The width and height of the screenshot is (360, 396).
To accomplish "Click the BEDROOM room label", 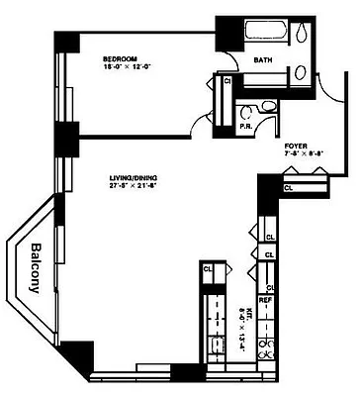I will click(120, 59).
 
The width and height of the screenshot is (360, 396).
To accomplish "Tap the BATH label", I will click(263, 60).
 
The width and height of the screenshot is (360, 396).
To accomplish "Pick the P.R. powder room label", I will click(245, 126).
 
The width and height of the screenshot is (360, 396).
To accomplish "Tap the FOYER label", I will click(295, 145).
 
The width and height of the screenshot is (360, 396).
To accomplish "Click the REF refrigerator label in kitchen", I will click(265, 298).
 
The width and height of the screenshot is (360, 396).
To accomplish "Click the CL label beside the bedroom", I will click(228, 82).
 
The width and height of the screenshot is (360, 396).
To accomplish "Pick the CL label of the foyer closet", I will click(289, 187).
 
